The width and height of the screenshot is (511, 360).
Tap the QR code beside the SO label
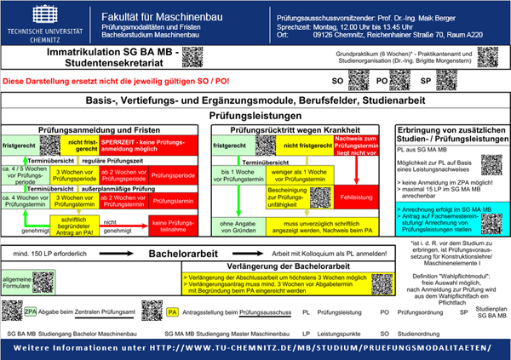point(358,80)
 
